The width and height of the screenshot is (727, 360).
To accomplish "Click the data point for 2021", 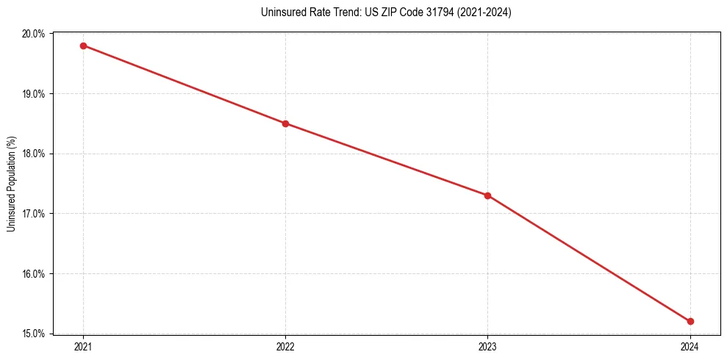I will (83, 46).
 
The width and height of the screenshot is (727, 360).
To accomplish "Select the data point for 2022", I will (285, 123).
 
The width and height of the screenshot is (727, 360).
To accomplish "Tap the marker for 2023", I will (487, 195).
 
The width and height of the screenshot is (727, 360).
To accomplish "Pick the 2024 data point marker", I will (690, 321).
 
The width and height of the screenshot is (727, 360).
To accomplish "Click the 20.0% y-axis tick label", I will (35, 34).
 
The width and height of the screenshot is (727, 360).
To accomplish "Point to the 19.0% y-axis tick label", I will (35, 94).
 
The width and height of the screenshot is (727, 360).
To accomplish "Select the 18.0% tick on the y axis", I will (35, 154).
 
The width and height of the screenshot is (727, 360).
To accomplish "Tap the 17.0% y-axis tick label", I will (35, 214).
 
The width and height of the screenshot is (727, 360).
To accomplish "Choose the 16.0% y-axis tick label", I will (35, 274).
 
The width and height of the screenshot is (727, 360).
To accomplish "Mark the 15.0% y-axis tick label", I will (35, 334).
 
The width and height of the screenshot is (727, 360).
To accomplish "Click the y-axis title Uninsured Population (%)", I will (11, 184).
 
